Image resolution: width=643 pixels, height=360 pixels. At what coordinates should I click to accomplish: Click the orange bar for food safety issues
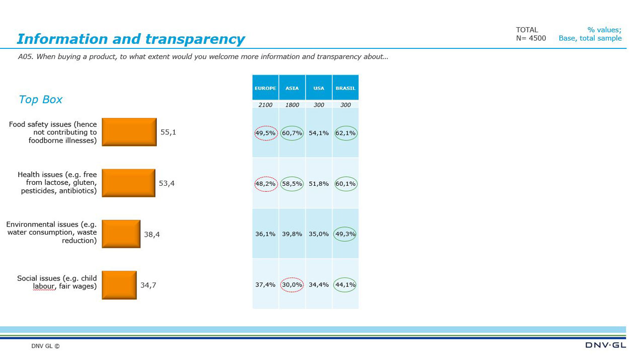point(129,132)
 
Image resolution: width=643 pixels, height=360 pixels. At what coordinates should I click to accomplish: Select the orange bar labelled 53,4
point(128,183)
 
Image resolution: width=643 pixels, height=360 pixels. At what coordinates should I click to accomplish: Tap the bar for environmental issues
point(121,234)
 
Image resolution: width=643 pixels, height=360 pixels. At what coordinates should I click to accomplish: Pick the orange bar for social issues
point(119,285)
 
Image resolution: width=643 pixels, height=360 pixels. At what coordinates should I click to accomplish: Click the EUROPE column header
point(265,88)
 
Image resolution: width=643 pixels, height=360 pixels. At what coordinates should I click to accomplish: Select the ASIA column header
point(292,88)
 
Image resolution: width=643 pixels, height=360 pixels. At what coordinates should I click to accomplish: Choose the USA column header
point(319,88)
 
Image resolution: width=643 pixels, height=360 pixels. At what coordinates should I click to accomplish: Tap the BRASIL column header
point(345,88)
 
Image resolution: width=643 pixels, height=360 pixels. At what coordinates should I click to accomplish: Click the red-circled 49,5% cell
point(265,133)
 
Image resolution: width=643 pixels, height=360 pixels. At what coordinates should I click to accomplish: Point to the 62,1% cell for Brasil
point(345,133)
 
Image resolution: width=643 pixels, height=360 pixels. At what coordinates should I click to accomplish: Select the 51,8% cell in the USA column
point(319,184)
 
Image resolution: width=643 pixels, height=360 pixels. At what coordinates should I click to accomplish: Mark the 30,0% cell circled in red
point(292,284)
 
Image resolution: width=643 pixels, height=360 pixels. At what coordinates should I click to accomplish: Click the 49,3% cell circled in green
point(345,234)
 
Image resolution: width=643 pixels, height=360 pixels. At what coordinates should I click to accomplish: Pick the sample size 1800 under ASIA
point(292,105)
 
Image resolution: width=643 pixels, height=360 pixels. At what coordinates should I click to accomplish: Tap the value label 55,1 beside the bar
point(168,132)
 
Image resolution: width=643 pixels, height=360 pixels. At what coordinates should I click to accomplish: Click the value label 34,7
point(148,285)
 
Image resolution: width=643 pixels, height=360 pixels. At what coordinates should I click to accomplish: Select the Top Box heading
point(40,99)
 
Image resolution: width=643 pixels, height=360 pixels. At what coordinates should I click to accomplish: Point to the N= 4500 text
point(531,38)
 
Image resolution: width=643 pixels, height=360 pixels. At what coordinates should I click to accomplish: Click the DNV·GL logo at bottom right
point(605,345)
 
